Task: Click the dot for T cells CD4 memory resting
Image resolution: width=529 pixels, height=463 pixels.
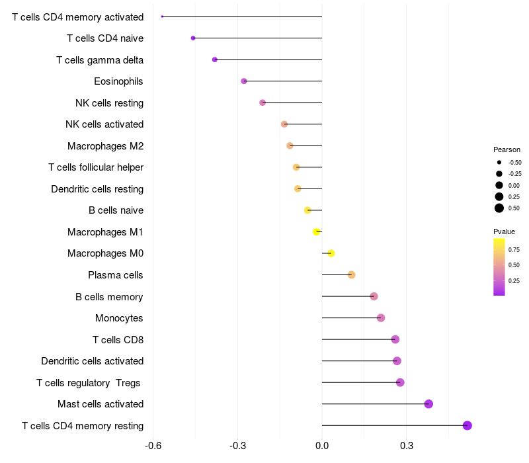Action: (x=468, y=425)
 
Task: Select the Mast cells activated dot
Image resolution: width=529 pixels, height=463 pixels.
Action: (x=428, y=404)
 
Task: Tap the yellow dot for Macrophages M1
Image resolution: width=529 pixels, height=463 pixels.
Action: (x=317, y=232)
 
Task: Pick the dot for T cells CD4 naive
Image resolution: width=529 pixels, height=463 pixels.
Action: (x=193, y=38)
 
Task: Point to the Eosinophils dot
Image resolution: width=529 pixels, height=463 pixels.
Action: (x=244, y=81)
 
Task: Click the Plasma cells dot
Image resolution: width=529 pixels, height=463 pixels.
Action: (x=351, y=275)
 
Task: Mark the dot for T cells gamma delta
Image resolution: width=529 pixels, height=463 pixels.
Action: (x=215, y=60)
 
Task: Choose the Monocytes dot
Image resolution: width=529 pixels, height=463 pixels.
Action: (x=381, y=318)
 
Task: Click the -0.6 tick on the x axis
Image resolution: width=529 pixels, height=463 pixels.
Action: (x=153, y=445)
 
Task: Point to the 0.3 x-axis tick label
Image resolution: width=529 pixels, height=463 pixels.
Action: (x=407, y=445)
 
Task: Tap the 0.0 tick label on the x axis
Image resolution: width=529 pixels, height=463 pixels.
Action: (x=322, y=445)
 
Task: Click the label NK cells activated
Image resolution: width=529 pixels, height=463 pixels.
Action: (x=104, y=124)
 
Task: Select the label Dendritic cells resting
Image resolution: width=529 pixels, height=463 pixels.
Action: (x=97, y=189)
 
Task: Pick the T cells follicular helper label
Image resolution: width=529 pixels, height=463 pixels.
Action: (x=96, y=167)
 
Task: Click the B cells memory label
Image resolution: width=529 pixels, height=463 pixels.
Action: (x=109, y=297)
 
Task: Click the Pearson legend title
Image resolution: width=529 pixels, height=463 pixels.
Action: (x=507, y=149)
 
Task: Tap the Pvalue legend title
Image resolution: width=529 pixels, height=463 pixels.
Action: (x=504, y=232)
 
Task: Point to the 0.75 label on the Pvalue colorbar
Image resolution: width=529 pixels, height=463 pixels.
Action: (x=514, y=249)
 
